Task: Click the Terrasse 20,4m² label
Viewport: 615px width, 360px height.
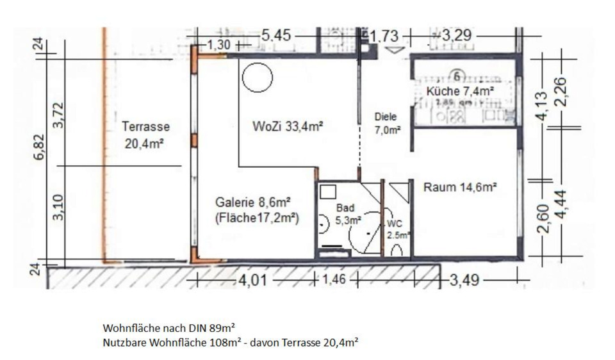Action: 146,135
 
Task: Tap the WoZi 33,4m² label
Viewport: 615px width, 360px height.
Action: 288,126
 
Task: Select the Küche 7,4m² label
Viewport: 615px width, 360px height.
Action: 459,92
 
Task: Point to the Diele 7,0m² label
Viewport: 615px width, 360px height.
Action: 387,123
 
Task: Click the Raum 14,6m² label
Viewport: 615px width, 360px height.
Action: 461,188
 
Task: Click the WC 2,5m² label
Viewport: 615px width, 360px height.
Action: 397,229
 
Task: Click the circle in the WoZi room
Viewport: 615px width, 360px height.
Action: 258,78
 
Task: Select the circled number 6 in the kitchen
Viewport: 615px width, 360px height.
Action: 457,75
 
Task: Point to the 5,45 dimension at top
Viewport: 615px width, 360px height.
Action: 276,36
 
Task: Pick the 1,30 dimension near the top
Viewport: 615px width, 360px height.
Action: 220,45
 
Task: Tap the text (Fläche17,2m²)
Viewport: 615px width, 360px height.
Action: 257,218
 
